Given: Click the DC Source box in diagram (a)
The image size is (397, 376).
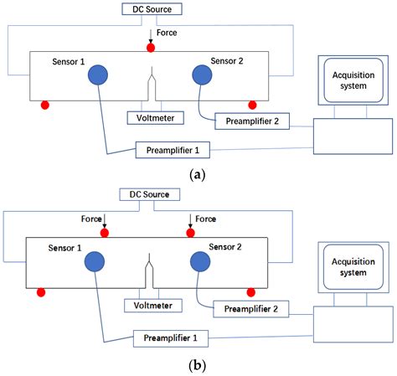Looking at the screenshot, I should click(x=151, y=10).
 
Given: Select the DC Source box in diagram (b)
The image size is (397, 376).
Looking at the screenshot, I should click(x=149, y=194).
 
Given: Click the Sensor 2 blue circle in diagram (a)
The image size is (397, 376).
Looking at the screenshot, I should click(x=203, y=75).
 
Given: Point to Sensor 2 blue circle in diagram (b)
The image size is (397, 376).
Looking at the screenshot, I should click(x=202, y=261).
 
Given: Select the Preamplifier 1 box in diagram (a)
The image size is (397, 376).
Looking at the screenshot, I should click(x=172, y=150).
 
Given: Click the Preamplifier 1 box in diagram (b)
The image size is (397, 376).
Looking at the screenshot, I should click(x=169, y=337).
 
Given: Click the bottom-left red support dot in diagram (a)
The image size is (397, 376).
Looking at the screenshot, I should click(x=44, y=105).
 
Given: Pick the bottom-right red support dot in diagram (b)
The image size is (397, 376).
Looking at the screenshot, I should click(x=250, y=291).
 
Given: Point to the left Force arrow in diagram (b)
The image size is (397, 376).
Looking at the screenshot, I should click(x=104, y=223).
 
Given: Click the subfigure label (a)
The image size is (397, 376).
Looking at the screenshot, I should click(x=198, y=174).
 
